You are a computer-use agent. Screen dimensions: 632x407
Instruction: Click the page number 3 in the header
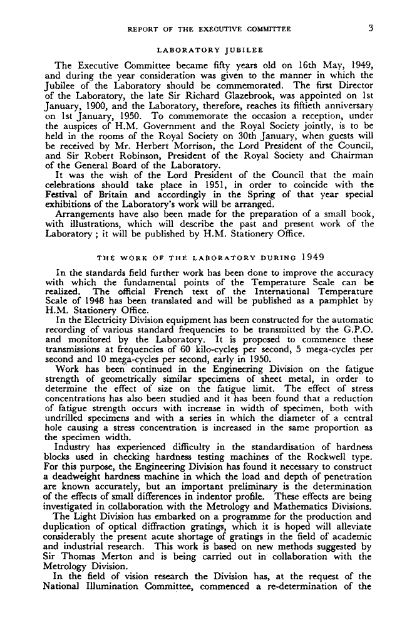(371, 28)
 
